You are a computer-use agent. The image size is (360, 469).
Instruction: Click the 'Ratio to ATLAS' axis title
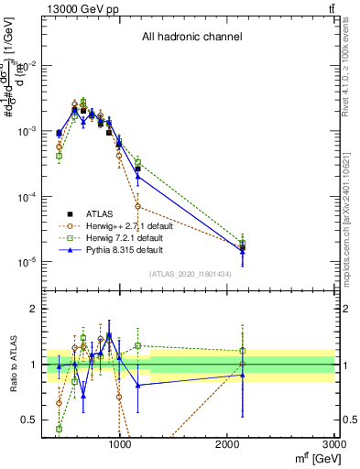pos(12,364)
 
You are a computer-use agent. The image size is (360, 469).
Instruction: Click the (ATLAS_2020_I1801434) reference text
pos(191,274)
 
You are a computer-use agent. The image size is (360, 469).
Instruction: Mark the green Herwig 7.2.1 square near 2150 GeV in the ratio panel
pos(243,350)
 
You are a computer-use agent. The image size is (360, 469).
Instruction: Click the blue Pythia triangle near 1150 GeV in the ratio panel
pos(138,386)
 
